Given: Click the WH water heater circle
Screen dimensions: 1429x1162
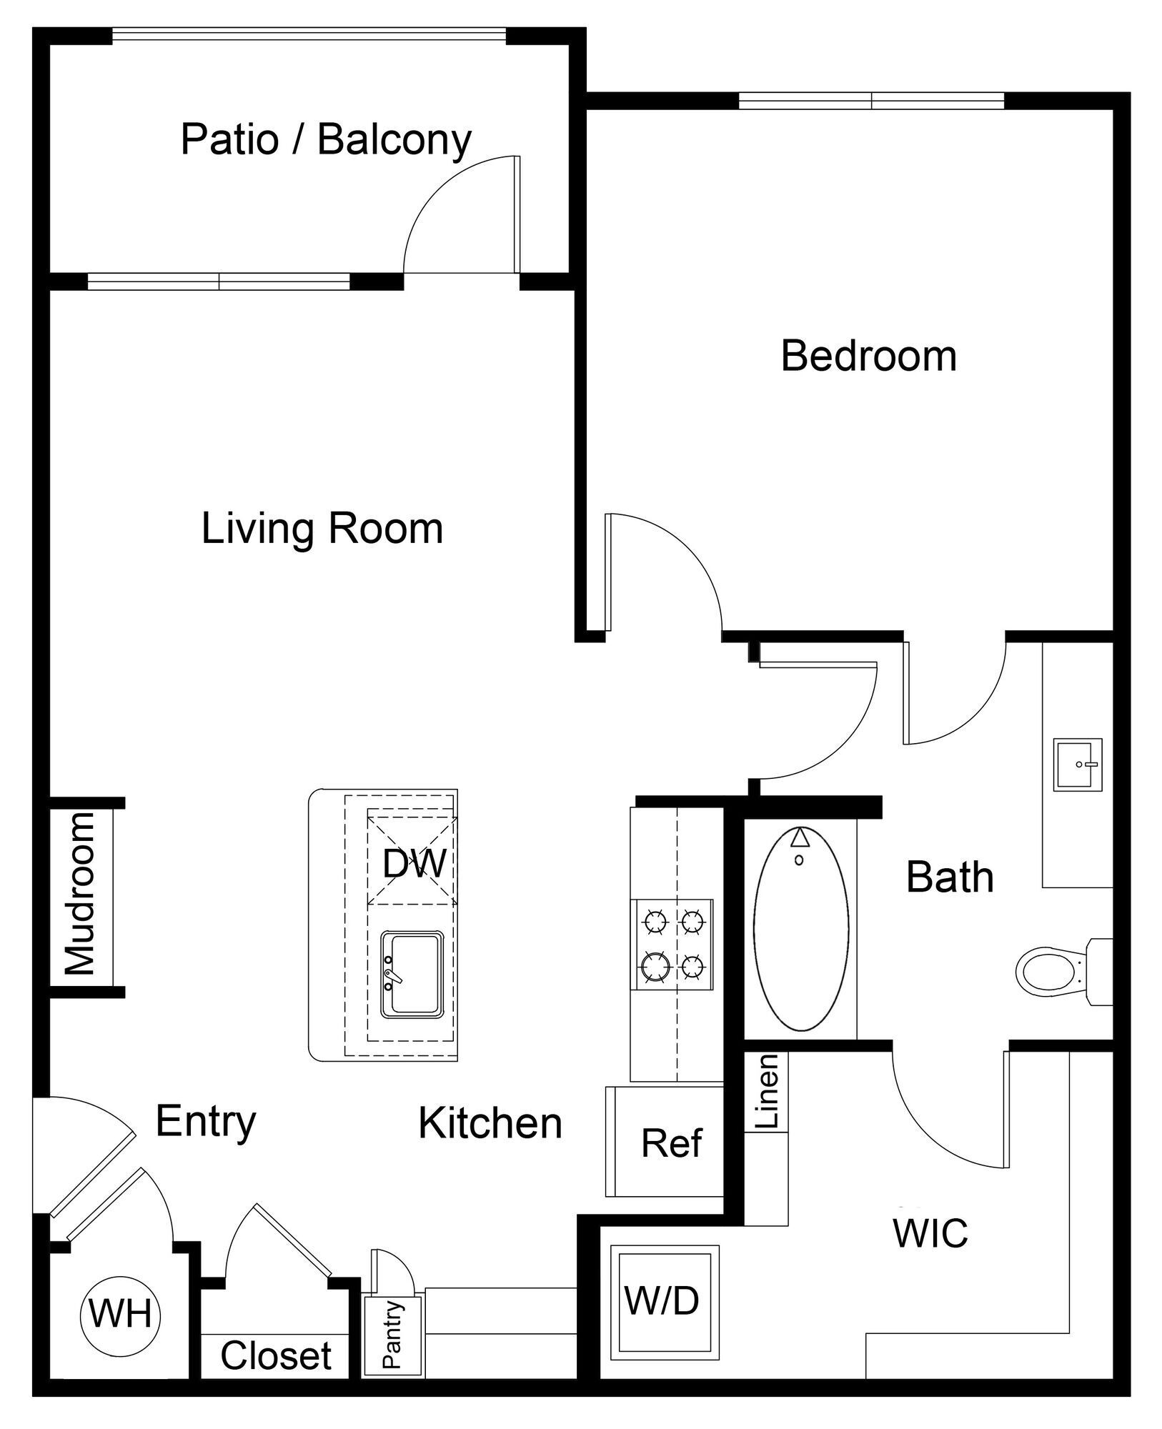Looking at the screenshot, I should click(121, 1313).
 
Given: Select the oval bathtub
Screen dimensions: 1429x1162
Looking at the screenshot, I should click(801, 928).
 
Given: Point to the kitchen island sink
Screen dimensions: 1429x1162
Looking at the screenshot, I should click(412, 972).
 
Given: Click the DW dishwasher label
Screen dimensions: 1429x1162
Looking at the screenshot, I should click(414, 864).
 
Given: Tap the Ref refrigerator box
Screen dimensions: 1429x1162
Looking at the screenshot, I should click(671, 1142).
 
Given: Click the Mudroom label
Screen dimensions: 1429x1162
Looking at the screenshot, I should click(81, 894).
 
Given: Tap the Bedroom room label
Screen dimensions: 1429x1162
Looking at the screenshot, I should click(868, 355).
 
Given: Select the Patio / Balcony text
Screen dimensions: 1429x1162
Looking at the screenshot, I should click(326, 139).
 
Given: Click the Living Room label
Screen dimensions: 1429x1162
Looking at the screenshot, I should click(322, 528).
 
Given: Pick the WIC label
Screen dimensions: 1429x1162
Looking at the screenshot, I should click(930, 1232).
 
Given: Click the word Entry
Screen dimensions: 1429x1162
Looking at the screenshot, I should click(206, 1120).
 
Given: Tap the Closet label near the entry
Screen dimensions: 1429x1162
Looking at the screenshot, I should click(276, 1355).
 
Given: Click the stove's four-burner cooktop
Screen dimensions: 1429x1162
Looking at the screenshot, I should click(672, 944).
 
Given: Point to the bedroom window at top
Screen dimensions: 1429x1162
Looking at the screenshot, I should click(871, 101).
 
